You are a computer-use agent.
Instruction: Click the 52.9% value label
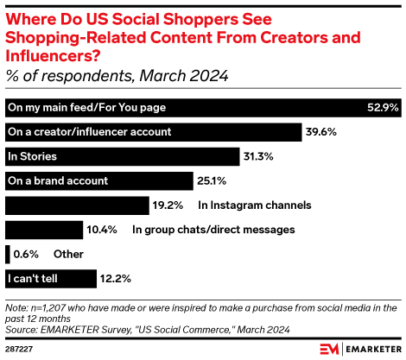point(381,108)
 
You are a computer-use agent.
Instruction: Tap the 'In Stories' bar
point(121,156)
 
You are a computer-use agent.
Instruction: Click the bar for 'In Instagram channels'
point(77,205)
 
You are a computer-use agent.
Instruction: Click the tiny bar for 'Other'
point(7,254)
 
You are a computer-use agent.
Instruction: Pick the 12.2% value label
point(113,279)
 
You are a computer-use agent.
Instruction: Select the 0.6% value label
point(27,254)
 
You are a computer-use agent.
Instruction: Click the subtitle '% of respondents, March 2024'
point(117,76)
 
